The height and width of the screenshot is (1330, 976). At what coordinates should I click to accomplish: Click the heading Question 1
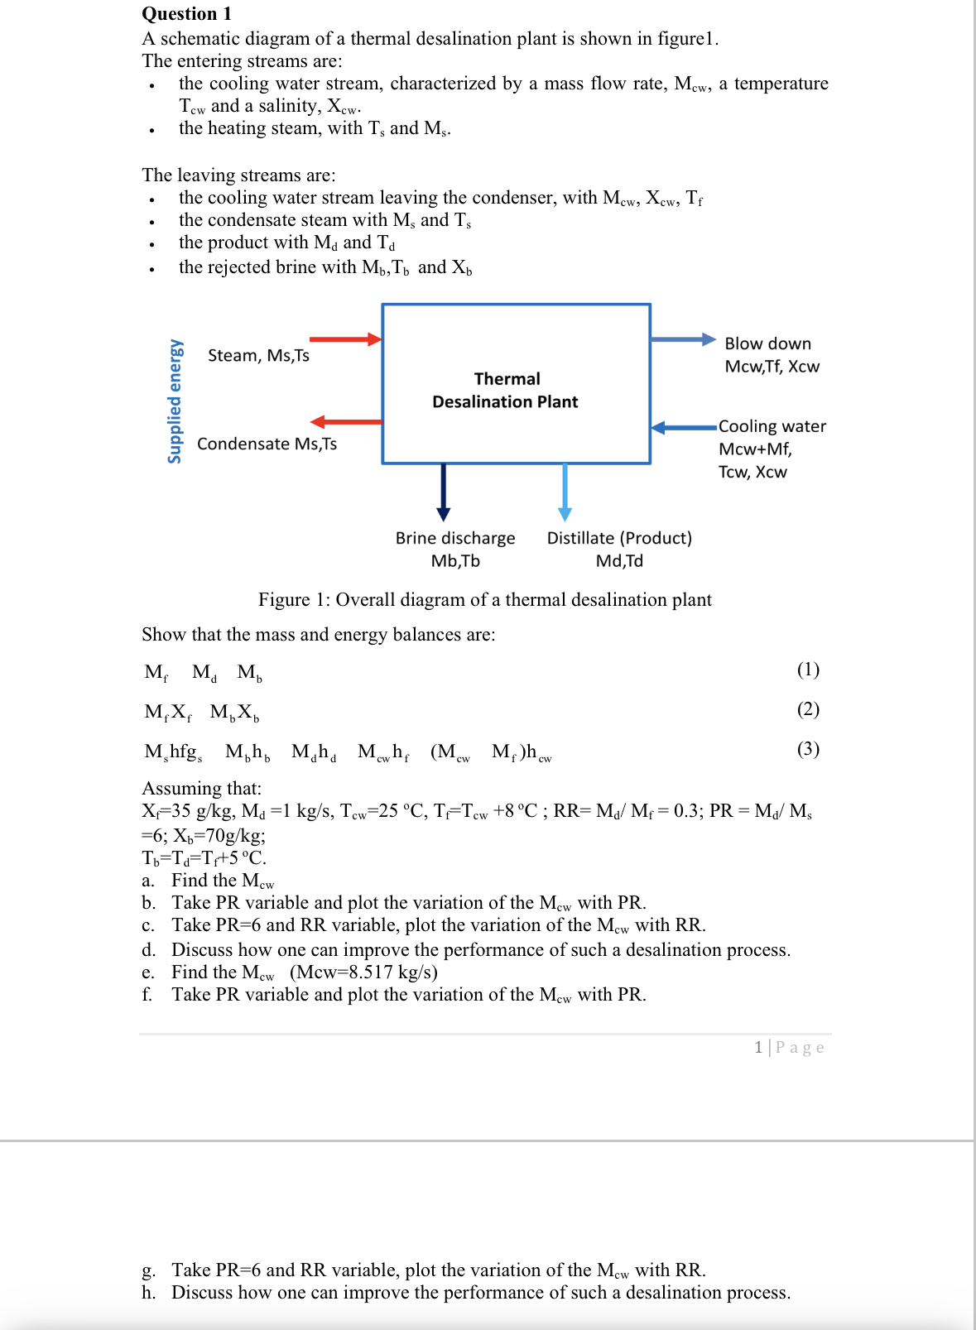(187, 13)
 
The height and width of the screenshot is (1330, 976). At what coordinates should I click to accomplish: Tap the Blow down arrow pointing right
(682, 339)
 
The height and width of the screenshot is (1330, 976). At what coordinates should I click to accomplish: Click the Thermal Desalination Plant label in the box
(506, 390)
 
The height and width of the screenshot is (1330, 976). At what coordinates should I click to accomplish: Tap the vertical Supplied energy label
(175, 401)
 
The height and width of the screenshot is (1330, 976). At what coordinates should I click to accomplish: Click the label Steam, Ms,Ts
(258, 355)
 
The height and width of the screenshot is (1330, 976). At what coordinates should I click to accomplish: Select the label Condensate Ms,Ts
(267, 444)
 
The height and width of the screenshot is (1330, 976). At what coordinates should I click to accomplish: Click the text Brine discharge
(454, 538)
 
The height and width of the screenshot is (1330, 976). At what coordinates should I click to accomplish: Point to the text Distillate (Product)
(619, 538)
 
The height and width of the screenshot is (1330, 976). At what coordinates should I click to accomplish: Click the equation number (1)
(807, 669)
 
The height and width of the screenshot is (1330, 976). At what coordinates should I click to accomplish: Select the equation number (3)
(807, 748)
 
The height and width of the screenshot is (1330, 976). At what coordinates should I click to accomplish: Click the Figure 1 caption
(484, 599)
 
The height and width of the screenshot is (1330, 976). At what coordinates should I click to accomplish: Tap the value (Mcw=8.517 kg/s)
(364, 972)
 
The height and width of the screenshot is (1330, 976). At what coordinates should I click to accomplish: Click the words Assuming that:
(201, 788)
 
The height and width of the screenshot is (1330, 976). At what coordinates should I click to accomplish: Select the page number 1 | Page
(788, 1047)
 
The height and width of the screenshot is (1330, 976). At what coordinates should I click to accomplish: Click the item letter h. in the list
(148, 1292)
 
